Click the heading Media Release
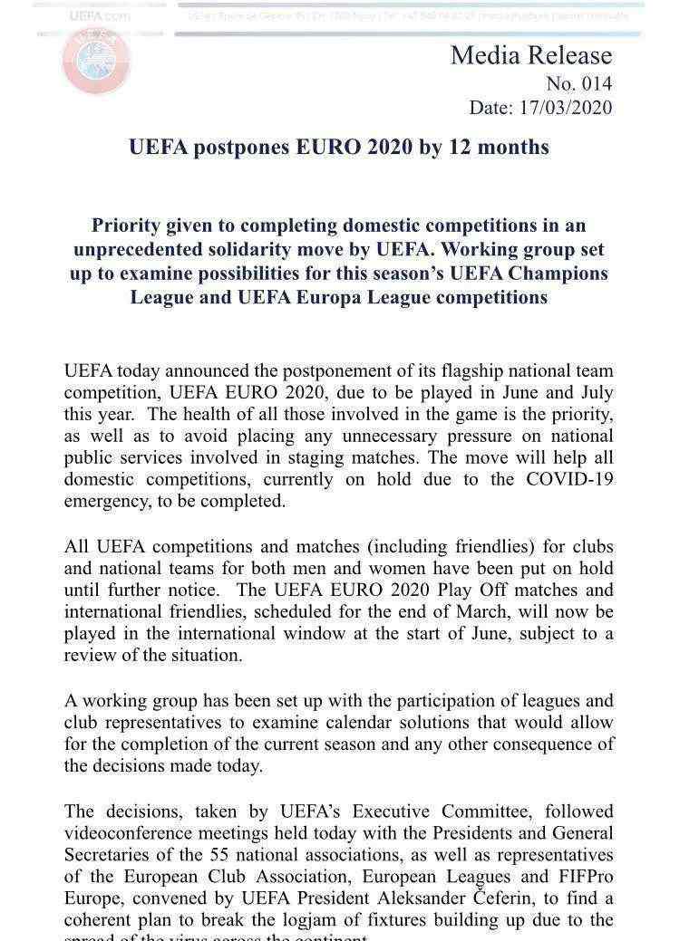[531, 55]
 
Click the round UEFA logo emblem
[95, 60]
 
